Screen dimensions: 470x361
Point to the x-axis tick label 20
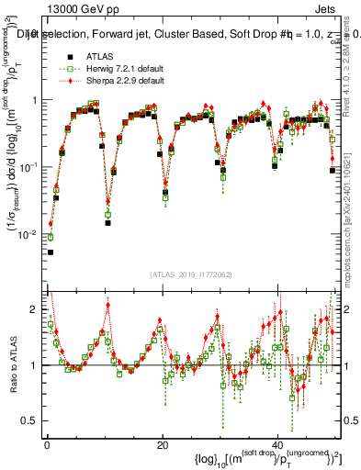(x=163, y=443)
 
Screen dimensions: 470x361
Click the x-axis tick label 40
(x=278, y=443)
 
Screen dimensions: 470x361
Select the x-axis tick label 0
(x=47, y=443)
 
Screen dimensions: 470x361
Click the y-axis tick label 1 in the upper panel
(x=34, y=100)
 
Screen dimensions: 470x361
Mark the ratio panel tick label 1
(x=34, y=365)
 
